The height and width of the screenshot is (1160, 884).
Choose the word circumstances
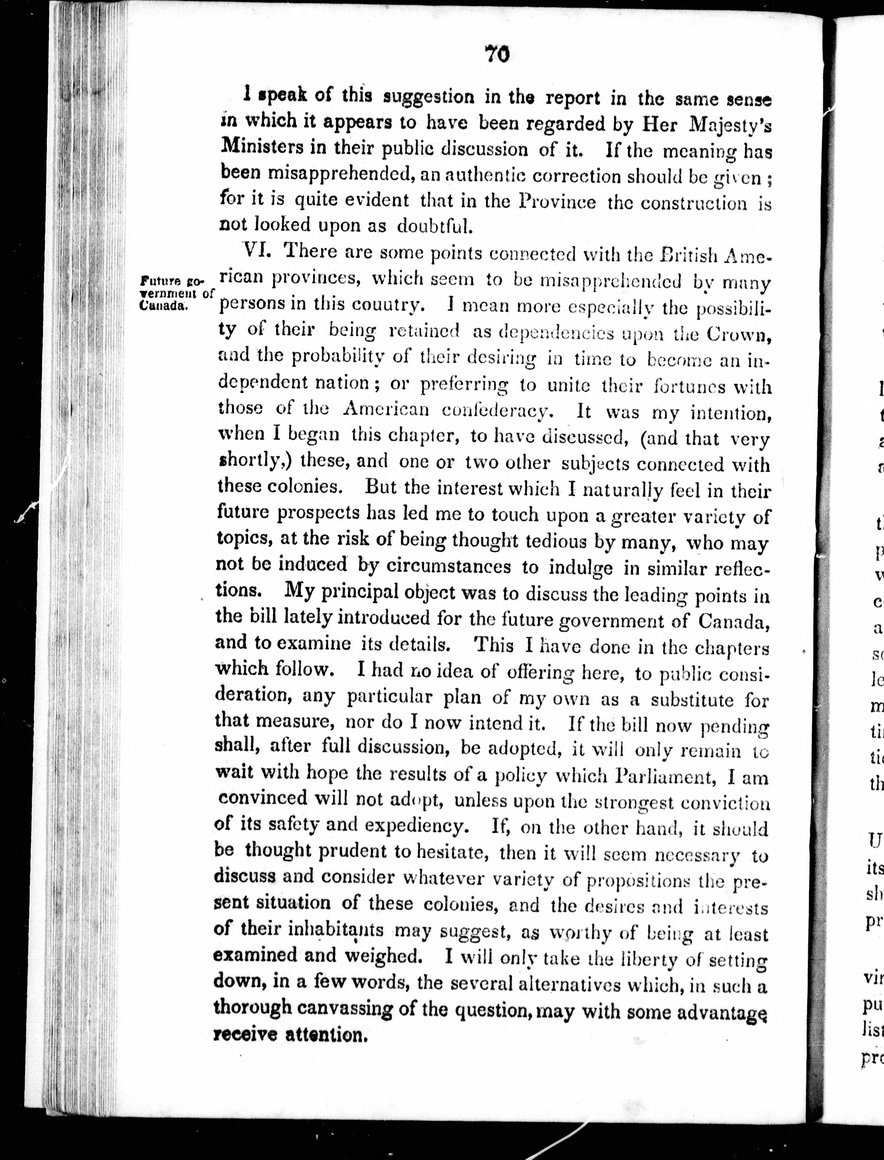(448, 566)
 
